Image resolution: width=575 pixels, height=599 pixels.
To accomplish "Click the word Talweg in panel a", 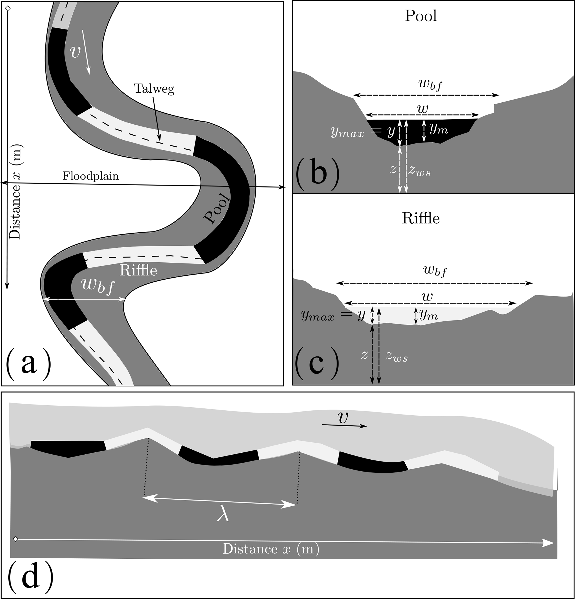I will [x=154, y=89].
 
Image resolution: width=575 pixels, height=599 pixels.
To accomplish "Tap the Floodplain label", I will [x=90, y=176].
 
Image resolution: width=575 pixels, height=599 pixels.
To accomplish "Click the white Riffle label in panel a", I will [x=138, y=270].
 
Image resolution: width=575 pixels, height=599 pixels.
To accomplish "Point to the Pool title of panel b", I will [x=421, y=16].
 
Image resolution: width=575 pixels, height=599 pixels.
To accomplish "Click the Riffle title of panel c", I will [x=420, y=218].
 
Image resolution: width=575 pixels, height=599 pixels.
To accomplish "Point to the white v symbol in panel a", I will [x=75, y=52].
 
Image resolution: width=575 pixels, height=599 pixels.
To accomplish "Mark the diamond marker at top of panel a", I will [x=8, y=9].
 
